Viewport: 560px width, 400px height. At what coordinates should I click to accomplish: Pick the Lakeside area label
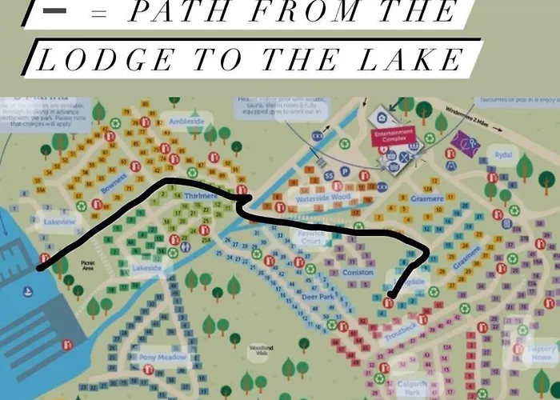click(148, 268)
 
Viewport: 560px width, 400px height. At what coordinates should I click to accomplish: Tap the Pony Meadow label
click(162, 357)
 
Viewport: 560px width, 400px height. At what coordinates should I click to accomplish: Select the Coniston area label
click(358, 273)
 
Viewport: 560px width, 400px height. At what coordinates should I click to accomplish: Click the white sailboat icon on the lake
click(28, 290)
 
